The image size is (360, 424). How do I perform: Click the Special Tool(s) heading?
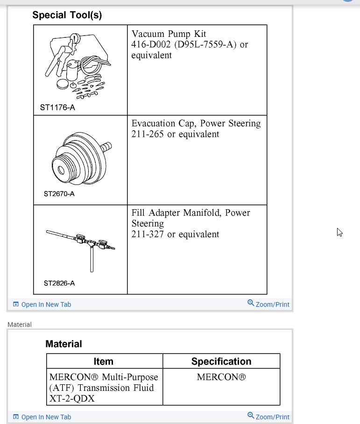pos(67,15)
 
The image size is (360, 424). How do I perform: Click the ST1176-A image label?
pos(57,107)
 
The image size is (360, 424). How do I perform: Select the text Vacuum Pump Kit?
pos(169,34)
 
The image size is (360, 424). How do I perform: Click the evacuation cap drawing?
pos(79,154)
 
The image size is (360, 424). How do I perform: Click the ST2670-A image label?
pos(59,194)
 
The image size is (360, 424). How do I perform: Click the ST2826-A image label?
pos(59,283)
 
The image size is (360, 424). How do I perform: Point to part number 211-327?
pos(147,234)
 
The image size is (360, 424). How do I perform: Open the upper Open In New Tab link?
pos(46,304)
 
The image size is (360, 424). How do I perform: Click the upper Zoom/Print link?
pos(272,304)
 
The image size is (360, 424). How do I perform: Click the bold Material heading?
pos(64,344)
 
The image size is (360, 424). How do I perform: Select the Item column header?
pos(103,361)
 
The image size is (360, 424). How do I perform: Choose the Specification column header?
pos(221,361)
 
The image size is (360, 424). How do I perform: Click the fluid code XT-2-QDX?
pos(71,399)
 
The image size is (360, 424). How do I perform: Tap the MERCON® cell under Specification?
pos(221,377)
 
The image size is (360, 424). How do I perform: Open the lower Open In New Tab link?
pos(46,417)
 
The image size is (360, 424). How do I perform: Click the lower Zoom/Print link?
pos(272,417)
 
